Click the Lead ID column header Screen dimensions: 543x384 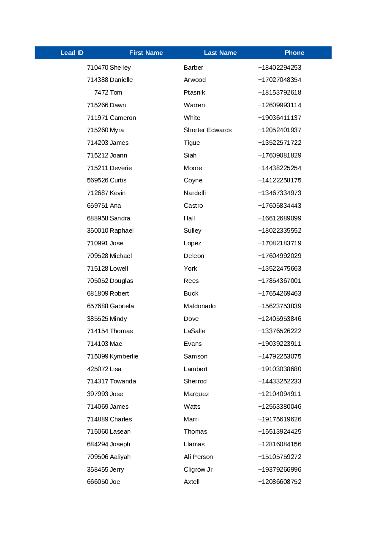click(x=72, y=53)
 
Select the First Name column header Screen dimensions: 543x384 click(x=146, y=53)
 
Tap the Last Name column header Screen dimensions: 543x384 click(x=220, y=53)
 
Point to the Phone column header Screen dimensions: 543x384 click(x=294, y=53)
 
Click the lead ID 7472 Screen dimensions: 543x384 click(x=101, y=92)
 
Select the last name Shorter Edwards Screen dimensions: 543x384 click(x=207, y=130)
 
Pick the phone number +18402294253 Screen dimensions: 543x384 click(x=280, y=68)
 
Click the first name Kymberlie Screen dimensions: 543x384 click(x=124, y=356)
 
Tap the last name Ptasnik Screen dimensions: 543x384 click(x=194, y=92)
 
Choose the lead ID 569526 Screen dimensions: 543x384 click(x=98, y=180)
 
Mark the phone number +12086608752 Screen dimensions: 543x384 click(x=280, y=482)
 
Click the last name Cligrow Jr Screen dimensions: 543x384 click(x=198, y=470)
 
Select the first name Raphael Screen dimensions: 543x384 click(x=122, y=231)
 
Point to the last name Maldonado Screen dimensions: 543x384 click(x=199, y=306)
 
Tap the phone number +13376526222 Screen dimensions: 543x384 click(x=280, y=331)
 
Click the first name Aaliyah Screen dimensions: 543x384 click(x=120, y=457)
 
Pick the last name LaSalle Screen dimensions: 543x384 click(x=194, y=331)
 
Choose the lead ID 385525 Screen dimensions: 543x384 click(x=98, y=319)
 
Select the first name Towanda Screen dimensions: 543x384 click(x=123, y=381)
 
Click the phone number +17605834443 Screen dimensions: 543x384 click(x=280, y=206)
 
